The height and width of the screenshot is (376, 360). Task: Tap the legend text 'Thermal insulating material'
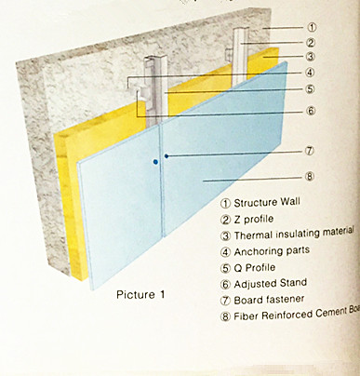pyautogui.click(x=296, y=235)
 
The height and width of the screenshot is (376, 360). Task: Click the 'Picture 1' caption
pyautogui.click(x=140, y=295)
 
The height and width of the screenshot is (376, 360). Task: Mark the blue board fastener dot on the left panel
pyautogui.click(x=156, y=162)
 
